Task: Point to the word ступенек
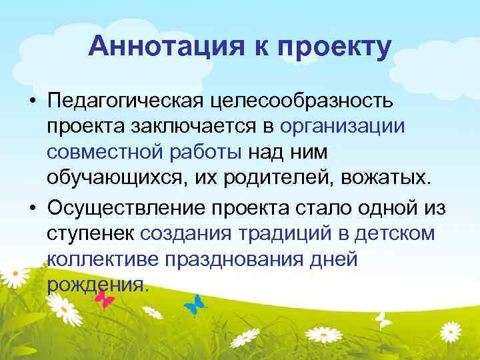click(x=91, y=234)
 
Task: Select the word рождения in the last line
click(x=95, y=285)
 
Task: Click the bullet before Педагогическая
click(x=31, y=101)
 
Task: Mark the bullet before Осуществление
click(x=31, y=209)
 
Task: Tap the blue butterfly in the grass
click(x=194, y=305)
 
